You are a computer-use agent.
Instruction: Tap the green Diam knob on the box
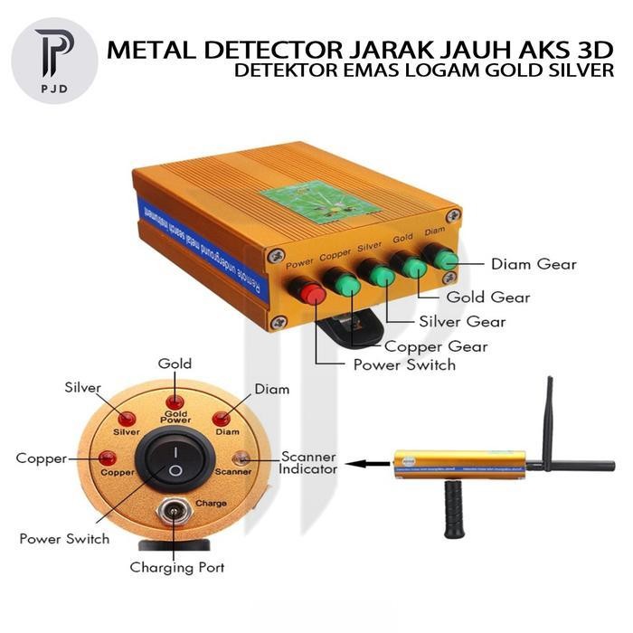click(445, 260)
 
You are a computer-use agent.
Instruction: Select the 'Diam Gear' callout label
click(534, 265)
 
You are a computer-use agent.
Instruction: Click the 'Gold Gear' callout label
click(488, 297)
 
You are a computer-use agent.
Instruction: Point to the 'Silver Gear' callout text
click(462, 321)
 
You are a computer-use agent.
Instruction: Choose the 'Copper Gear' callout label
click(436, 346)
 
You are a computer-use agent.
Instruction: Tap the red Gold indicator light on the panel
click(175, 401)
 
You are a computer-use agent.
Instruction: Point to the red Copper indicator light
click(108, 458)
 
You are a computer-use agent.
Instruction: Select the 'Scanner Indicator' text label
click(308, 463)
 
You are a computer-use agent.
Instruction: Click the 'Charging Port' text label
click(176, 568)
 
